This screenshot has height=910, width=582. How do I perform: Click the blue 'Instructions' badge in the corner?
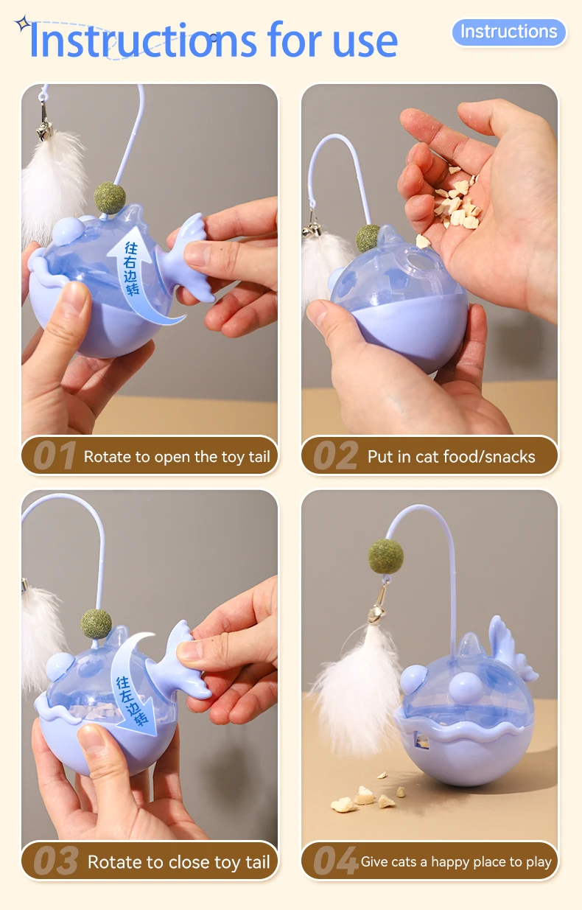(x=509, y=32)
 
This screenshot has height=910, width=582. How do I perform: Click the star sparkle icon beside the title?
(x=23, y=24)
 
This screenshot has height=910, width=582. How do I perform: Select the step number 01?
(x=55, y=455)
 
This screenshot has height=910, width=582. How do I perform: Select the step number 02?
(x=335, y=455)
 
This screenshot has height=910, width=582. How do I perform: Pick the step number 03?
(x=56, y=861)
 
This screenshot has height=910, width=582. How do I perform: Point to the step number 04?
(x=335, y=861)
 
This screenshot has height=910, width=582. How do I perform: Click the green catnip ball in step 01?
(x=110, y=197)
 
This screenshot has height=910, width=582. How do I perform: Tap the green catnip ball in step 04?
(x=385, y=556)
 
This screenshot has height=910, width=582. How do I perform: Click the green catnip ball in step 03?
(x=96, y=624)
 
